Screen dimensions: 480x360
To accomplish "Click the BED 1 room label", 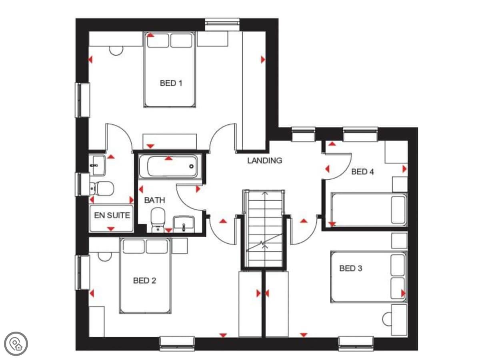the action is [171, 83].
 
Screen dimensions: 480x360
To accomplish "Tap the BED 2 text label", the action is [144, 280].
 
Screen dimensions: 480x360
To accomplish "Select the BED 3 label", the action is [350, 268].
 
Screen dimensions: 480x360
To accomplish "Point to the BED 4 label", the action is [362, 172].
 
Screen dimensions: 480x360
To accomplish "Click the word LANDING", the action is [265, 161].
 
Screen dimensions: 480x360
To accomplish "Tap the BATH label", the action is [155, 200].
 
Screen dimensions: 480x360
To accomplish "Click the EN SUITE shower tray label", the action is [112, 215].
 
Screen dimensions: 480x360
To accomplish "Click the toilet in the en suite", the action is [102, 188].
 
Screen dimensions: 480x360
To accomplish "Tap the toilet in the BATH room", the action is [158, 220].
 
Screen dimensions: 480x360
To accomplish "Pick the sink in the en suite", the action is [97, 165].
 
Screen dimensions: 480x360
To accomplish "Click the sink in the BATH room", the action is [184, 224].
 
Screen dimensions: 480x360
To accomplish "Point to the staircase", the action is [264, 228].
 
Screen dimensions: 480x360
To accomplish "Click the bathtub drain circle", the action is [191, 166].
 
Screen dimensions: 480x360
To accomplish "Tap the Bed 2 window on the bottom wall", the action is [177, 344].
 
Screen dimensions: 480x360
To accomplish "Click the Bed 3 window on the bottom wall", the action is [356, 344].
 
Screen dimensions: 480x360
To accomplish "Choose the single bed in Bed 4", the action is [369, 209].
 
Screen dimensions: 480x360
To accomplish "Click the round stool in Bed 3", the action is [387, 319].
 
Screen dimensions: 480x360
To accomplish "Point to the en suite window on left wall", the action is [82, 184].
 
